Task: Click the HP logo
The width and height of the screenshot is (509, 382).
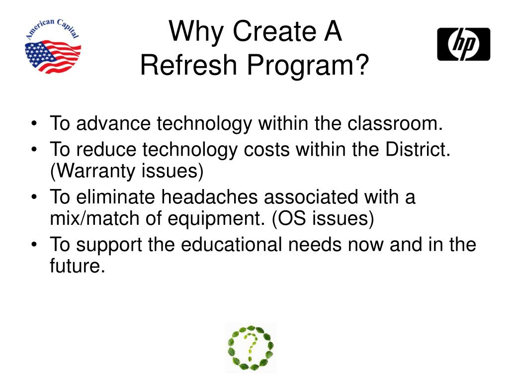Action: [x=463, y=44]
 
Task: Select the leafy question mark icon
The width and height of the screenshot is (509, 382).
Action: [x=251, y=348]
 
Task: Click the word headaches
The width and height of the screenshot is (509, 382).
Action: [x=211, y=197]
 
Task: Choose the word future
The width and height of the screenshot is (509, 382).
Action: [x=78, y=267]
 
